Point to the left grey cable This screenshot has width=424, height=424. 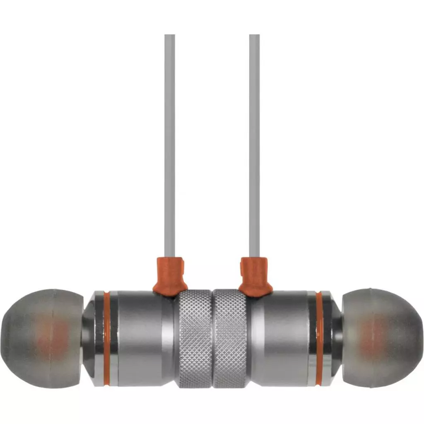(170, 145)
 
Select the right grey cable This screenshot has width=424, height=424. (254, 145)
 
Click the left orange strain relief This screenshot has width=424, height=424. (170, 276)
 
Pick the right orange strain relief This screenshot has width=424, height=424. (255, 276)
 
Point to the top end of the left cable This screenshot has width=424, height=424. (170, 36)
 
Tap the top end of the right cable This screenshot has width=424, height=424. (254, 36)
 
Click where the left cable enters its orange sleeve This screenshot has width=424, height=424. (170, 258)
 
